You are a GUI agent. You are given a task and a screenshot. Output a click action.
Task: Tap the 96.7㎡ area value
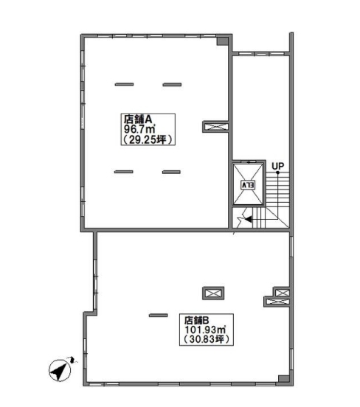pos(139,129)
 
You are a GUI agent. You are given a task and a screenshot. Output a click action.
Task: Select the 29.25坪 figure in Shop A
pos(148,139)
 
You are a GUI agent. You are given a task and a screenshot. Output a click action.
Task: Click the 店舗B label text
pos(196,320)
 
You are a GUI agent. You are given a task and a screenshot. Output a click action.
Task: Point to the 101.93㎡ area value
pos(205,330)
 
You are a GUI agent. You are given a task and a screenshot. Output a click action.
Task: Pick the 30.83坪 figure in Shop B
pos(207,339)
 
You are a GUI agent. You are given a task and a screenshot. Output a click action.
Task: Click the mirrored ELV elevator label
pos(248,185)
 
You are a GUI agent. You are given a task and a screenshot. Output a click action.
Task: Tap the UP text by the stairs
pos(277,166)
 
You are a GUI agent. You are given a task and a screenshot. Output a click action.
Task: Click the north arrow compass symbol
pos(60,370)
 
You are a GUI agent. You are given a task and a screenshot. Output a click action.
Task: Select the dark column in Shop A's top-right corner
pos(222,41)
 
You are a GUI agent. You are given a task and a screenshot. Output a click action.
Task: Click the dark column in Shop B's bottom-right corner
pos(283,378)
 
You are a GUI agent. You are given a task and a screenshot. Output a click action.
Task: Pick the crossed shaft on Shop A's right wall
pos(215,127)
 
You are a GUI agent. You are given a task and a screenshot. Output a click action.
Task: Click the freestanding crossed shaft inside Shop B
pos(213,293)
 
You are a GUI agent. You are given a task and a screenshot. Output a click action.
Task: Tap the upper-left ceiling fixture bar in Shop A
pos(124,84)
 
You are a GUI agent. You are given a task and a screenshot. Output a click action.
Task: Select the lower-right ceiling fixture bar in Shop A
pos(171,172)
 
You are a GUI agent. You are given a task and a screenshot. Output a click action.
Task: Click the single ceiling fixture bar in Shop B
pos(158,316)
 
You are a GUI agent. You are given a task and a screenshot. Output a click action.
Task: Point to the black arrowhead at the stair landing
pos(249,219)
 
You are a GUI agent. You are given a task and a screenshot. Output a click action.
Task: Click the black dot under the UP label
pos(277,173)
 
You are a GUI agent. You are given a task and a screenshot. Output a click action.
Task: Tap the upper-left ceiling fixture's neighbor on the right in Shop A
pos(172,84)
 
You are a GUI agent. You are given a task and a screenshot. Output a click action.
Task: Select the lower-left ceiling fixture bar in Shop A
pos(124,172)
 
